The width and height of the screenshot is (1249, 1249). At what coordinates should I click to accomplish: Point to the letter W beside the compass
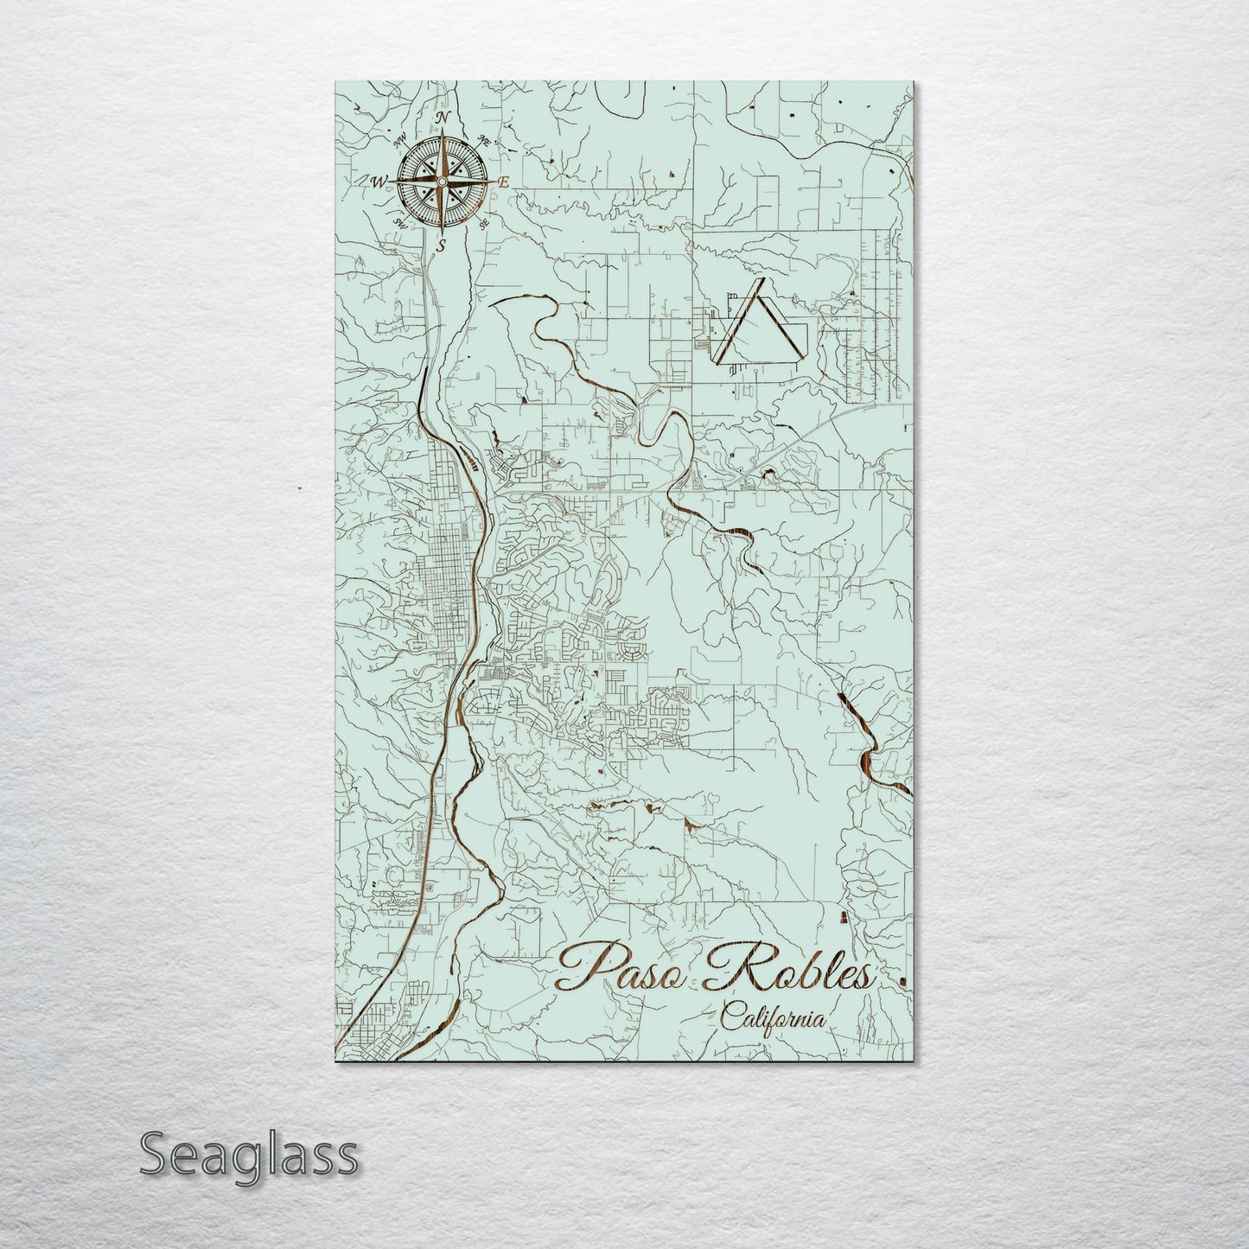tap(378, 182)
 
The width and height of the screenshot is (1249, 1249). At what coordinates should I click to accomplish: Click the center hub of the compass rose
tap(442, 182)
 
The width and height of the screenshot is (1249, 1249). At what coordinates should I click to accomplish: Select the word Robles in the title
tap(791, 970)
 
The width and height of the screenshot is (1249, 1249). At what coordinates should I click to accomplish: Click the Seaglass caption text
tap(248, 1155)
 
